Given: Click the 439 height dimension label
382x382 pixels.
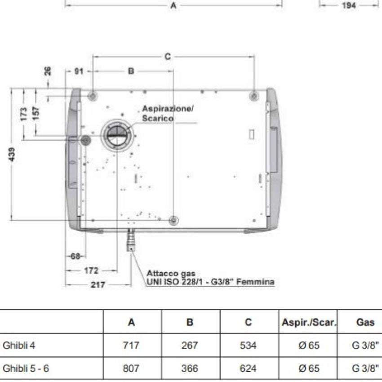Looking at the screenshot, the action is tap(12, 154).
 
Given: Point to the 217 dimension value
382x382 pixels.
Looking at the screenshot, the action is tap(98, 284).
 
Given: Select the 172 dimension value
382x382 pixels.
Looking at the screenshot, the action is tap(91, 271).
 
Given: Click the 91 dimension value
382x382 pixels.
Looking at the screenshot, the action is tap(79, 71).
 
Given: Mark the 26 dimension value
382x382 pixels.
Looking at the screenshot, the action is tap(48, 71).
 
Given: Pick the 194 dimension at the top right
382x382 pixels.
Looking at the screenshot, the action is tap(349, 5).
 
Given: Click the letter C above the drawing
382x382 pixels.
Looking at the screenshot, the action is tap(168, 57).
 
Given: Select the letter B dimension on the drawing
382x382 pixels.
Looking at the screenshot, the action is tap(131, 71).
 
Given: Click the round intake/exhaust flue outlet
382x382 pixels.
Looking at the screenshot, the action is tap(117, 136).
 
